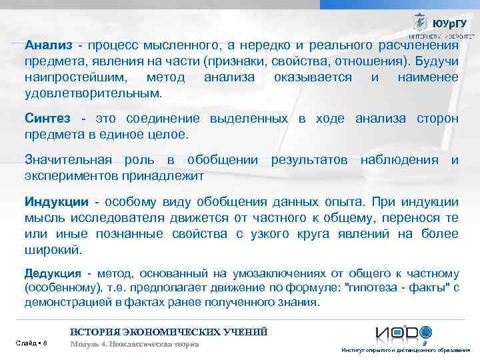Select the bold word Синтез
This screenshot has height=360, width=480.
(47, 119)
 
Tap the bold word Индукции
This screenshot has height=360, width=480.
(56, 202)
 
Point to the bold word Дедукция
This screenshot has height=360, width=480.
(53, 274)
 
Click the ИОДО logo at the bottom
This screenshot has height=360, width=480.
(403, 334)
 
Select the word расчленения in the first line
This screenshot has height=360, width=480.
(417, 45)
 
